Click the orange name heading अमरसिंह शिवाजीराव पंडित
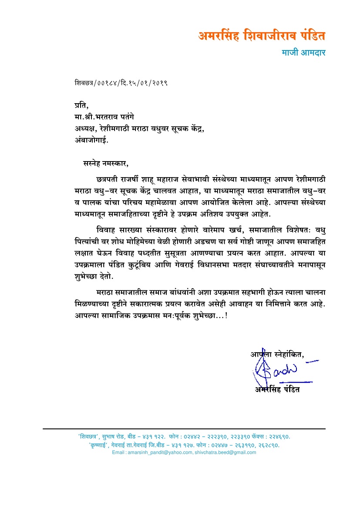coord(262,36)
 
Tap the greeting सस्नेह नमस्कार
coord(106,164)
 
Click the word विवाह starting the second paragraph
coord(107,229)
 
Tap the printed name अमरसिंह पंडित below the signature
coord(278,389)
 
